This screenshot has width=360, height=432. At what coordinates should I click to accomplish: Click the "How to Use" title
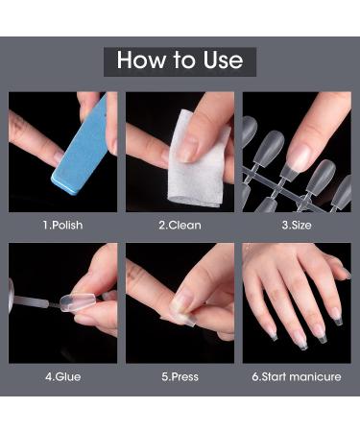click(180, 60)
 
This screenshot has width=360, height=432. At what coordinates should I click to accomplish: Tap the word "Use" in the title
click(223, 60)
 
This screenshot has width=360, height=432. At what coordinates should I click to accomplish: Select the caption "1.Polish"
click(63, 225)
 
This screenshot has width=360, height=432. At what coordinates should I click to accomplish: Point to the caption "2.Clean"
click(180, 225)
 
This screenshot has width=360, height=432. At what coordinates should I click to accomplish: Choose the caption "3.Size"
click(297, 225)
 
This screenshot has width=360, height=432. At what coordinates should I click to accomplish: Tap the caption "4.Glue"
click(63, 376)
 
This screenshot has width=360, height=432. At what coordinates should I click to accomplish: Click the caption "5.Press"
click(180, 376)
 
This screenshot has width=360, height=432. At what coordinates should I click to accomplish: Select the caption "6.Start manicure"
click(297, 376)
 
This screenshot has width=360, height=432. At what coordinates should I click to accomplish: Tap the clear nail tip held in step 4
click(77, 301)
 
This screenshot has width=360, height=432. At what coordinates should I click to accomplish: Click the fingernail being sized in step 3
click(300, 156)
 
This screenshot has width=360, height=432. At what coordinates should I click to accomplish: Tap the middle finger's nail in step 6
click(300, 340)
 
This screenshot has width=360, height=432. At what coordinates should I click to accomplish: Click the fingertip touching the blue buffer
click(55, 157)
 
